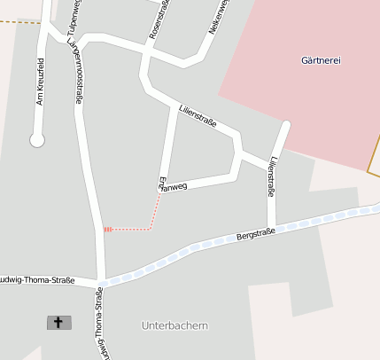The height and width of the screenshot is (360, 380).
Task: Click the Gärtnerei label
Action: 321,60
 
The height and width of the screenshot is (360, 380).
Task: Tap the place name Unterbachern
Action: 174,325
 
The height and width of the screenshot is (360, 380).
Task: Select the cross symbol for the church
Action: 59,322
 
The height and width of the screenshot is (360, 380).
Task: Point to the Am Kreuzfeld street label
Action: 39,82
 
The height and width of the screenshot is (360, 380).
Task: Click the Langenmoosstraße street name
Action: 78,76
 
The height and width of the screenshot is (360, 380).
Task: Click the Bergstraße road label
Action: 256,235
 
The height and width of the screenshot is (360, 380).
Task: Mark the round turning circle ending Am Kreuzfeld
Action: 36,139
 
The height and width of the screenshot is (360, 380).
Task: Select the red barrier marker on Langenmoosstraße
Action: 107,230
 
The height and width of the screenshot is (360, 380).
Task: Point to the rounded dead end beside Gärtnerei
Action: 285,125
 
